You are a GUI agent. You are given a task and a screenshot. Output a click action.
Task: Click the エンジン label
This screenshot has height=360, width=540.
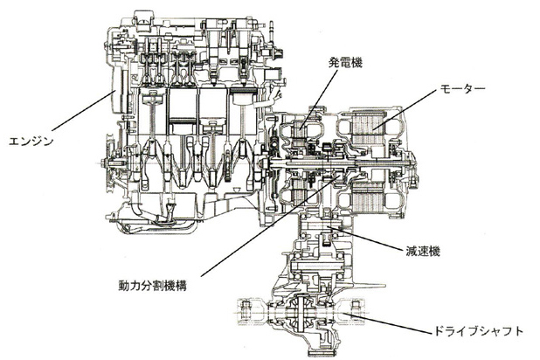click(x=31, y=142)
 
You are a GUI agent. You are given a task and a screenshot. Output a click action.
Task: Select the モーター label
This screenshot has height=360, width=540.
click(x=462, y=88)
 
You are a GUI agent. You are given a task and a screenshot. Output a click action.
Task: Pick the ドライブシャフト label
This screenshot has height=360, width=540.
click(x=477, y=331)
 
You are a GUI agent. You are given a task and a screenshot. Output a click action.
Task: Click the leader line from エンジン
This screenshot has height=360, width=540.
click(x=83, y=111)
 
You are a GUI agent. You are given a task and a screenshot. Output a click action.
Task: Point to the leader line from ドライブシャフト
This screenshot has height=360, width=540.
click(x=387, y=323)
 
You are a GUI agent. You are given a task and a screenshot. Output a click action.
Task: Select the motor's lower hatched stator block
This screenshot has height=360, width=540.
click(x=369, y=197)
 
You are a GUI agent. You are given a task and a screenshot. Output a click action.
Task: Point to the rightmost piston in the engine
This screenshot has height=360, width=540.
click(x=243, y=95)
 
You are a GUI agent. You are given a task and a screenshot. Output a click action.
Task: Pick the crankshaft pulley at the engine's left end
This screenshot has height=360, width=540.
click(x=111, y=163)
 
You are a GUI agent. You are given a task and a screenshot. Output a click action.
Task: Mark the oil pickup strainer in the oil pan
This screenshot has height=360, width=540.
click(x=170, y=211)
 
